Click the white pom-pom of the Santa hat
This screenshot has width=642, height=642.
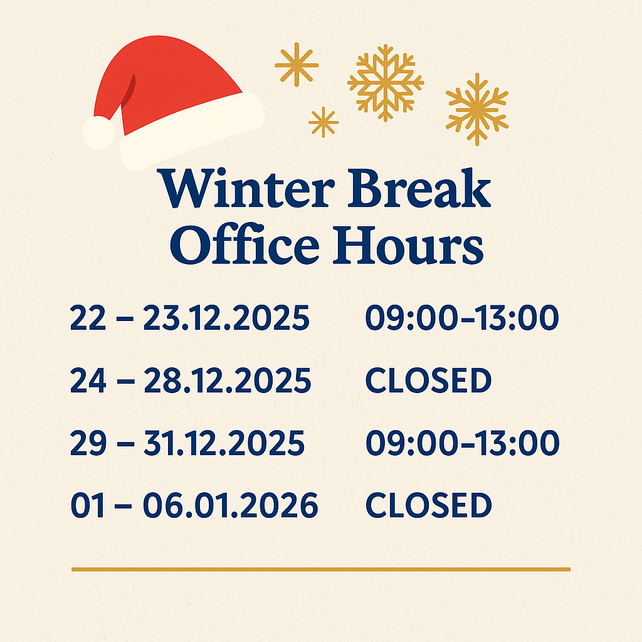[98, 133]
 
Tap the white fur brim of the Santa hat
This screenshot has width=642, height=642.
[192, 130]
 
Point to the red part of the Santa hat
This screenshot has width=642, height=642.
[172, 78]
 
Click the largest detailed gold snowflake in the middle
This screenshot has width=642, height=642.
[386, 83]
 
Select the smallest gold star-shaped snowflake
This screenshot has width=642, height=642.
[324, 122]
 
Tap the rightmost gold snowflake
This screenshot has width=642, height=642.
[477, 109]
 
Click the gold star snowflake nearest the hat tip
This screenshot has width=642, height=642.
[297, 65]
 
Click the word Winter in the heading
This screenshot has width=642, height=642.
[246, 188]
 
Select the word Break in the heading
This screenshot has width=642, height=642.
[419, 187]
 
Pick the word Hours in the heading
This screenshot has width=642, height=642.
[408, 245]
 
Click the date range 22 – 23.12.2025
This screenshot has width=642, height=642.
[189, 317]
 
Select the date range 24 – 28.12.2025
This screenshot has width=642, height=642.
[191, 380]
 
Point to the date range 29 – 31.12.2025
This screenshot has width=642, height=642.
[187, 443]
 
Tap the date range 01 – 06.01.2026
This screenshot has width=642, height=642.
[194, 505]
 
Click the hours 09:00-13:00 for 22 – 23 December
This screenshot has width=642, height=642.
[462, 317]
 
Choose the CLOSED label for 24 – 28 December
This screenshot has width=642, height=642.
[428, 381]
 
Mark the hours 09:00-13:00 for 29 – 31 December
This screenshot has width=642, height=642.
[462, 443]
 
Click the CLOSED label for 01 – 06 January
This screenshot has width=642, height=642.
[428, 505]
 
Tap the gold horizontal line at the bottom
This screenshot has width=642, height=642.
[321, 569]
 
